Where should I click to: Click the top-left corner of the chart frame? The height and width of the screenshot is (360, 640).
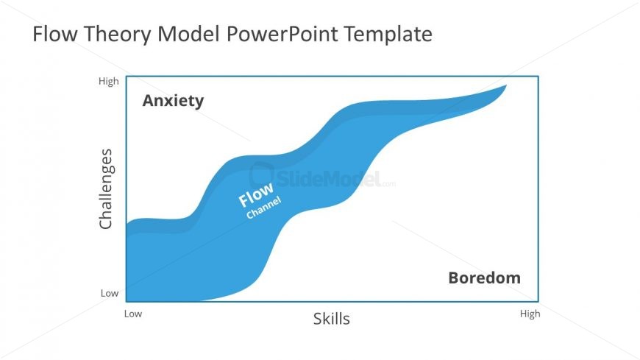[x=127, y=77]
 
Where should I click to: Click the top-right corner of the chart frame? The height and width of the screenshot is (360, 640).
[x=538, y=77]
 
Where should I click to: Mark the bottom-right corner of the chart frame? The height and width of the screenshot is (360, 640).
[x=538, y=301]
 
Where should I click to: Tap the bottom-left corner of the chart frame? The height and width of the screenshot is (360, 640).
[x=127, y=301]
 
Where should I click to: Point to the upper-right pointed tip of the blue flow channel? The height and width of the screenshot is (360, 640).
[x=507, y=85]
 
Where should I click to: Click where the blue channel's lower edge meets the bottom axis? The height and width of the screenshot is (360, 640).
[x=200, y=301]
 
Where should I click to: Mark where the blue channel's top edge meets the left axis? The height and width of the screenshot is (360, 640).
[x=127, y=224]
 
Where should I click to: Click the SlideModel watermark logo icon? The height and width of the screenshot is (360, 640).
[x=261, y=175]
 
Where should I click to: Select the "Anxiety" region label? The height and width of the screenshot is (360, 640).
[x=173, y=101]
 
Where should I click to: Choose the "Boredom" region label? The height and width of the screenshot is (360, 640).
[x=485, y=278]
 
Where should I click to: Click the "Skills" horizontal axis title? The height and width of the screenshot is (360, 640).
[x=332, y=319]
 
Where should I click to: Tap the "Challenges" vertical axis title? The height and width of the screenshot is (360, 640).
[x=106, y=188]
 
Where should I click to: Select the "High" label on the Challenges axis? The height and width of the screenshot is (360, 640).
[x=109, y=81]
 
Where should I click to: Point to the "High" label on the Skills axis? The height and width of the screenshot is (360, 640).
[x=530, y=314]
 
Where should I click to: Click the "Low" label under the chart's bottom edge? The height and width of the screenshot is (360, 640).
[x=133, y=314]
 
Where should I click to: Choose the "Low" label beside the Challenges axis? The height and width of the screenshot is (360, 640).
[x=110, y=293]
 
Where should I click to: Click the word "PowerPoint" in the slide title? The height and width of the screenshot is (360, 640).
[x=282, y=34]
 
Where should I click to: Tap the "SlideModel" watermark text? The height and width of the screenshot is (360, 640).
[x=329, y=179]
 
